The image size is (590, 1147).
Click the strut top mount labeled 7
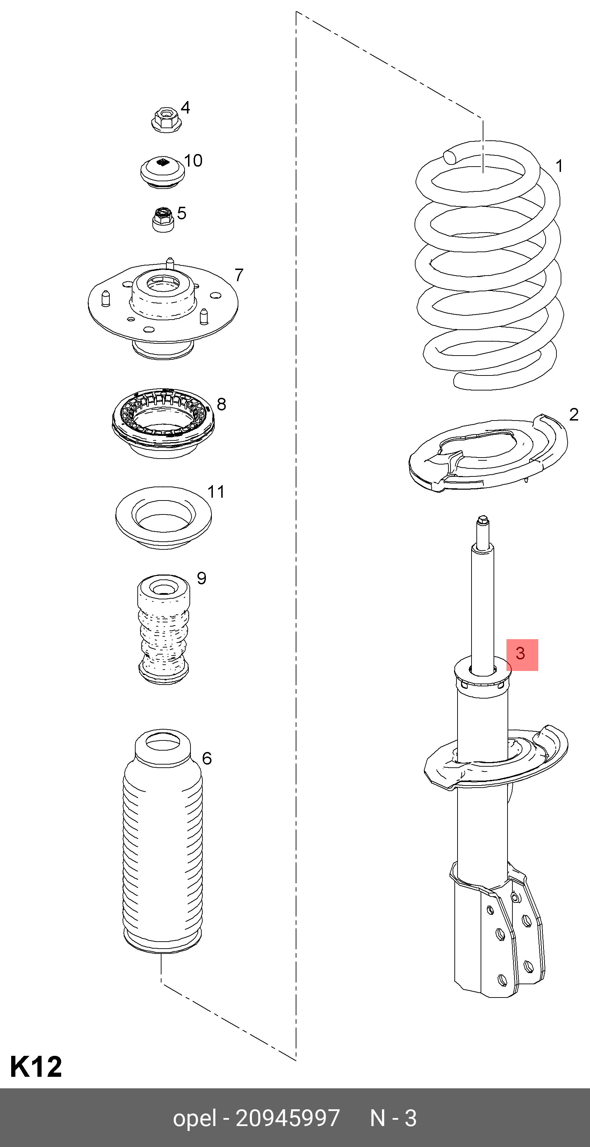coord(163,307)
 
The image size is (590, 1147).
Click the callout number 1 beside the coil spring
coord(559,167)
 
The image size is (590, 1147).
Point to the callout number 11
coord(216,492)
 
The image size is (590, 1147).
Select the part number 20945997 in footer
coord(287,1118)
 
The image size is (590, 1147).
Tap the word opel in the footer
coord(194,1118)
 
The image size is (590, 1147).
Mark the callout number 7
coord(239,275)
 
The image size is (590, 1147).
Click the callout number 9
coord(201,578)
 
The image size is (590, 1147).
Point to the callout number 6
coord(207,758)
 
